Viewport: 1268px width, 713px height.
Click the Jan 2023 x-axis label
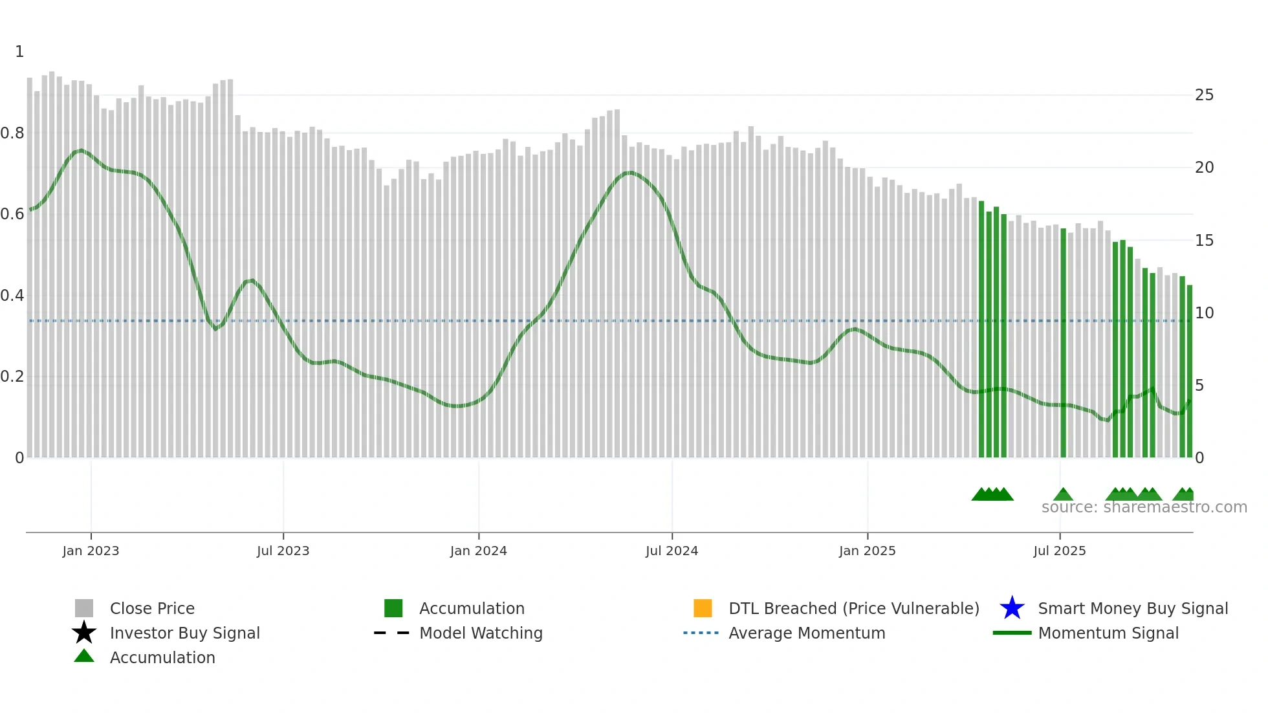click(x=91, y=551)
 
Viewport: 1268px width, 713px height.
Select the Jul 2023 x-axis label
click(x=283, y=551)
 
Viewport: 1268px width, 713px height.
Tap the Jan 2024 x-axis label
click(x=478, y=551)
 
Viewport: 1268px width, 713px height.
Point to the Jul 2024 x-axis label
click(x=672, y=551)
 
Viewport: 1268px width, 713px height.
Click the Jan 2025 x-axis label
click(x=867, y=551)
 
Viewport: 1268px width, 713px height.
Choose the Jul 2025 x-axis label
click(x=1059, y=551)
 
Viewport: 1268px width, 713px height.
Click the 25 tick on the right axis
click(x=1204, y=95)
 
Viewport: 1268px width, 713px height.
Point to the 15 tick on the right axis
click(x=1204, y=241)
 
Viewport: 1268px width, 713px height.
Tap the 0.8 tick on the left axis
click(x=12, y=133)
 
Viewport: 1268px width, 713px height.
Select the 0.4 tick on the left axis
click(x=12, y=296)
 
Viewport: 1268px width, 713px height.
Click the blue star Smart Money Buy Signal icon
click(x=1012, y=608)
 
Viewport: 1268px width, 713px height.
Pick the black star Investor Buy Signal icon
click(x=84, y=633)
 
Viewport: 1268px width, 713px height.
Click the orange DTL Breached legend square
click(x=703, y=608)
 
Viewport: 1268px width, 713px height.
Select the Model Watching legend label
click(x=481, y=633)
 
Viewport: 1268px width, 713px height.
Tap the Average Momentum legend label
click(x=807, y=633)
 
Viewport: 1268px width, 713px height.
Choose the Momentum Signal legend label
click(x=1108, y=633)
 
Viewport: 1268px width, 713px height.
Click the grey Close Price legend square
click(x=84, y=608)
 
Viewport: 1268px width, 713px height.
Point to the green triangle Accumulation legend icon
click(x=84, y=656)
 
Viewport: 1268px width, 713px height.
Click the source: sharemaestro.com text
click(x=1144, y=507)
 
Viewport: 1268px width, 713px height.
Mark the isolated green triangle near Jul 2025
click(x=1063, y=495)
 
